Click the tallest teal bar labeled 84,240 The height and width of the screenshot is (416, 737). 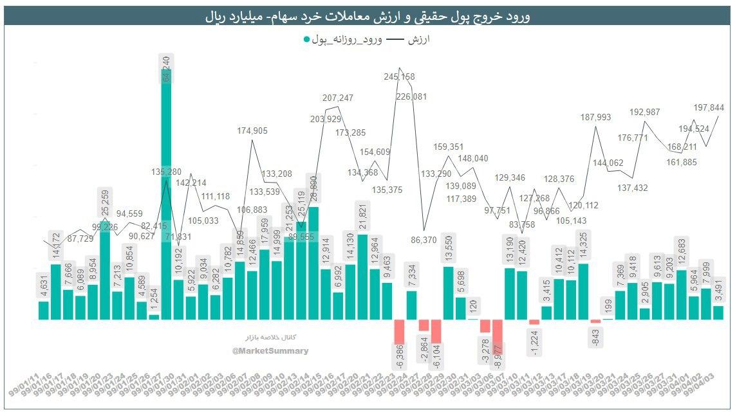pyautogui.click(x=166, y=193)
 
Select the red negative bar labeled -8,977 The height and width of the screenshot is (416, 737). pyautogui.click(x=497, y=336)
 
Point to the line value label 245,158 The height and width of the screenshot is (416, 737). pyautogui.click(x=400, y=77)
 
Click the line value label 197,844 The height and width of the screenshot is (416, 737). pyautogui.click(x=708, y=107)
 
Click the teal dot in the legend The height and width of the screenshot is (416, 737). pyautogui.click(x=306, y=40)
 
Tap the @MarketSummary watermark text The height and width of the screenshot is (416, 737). pyautogui.click(x=270, y=351)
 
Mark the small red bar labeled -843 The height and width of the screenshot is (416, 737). pyautogui.click(x=595, y=321)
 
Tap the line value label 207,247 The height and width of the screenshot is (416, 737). pyautogui.click(x=338, y=98)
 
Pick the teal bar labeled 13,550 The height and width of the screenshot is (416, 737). pyautogui.click(x=448, y=293)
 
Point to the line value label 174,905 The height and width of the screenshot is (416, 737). pyautogui.click(x=252, y=131)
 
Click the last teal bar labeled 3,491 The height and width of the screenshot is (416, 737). pyautogui.click(x=718, y=312)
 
